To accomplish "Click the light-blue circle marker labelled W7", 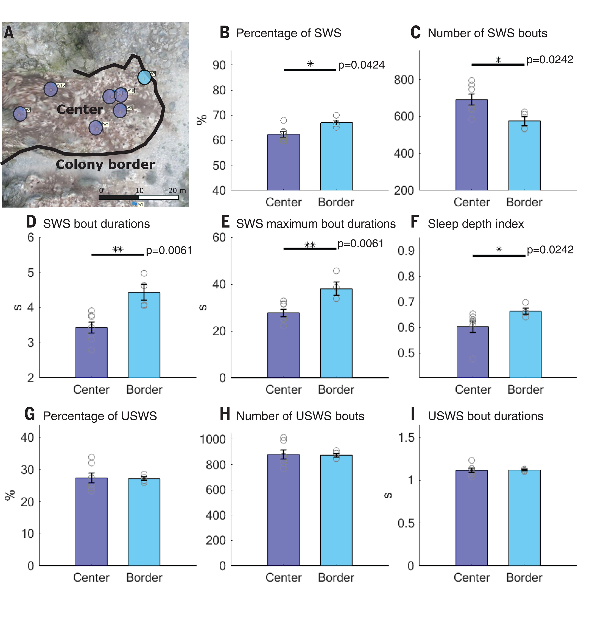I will (144, 77).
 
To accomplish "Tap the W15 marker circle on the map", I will (51, 89).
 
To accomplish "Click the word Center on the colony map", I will (80, 109).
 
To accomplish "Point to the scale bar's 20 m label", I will (177, 190).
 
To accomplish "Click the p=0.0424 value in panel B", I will (361, 65).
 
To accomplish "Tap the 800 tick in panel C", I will (404, 80).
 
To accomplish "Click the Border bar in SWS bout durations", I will (144, 335).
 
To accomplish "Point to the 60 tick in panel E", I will (219, 237).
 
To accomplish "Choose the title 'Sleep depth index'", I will (475, 224).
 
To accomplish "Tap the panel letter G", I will (30, 414).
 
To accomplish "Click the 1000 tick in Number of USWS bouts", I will (213, 439).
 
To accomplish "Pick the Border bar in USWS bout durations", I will (524, 518).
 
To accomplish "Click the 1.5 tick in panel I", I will (406, 438).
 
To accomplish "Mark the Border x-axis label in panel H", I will (336, 578).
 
